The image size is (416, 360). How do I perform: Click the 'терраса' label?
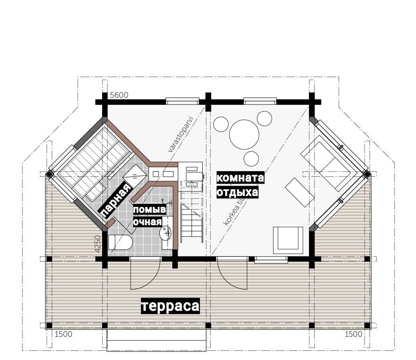[x=170, y=306]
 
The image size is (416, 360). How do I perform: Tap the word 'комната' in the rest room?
[x=240, y=178]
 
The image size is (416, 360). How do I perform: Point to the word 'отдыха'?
[x=237, y=192]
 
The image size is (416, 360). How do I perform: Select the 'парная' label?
[x=115, y=200]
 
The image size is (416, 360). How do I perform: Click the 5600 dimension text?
[x=119, y=95]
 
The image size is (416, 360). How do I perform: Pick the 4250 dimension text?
[x=98, y=244]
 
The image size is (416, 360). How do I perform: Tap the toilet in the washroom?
[x=120, y=242]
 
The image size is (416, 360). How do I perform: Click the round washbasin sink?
[x=165, y=233]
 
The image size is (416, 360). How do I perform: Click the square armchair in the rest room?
[x=288, y=240]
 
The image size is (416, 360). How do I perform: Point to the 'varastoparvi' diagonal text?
[x=182, y=134]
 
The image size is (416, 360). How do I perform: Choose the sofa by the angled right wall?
[x=328, y=163]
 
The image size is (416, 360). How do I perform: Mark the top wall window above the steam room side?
[x=183, y=101]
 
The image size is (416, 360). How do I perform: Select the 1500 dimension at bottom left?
[x=63, y=334]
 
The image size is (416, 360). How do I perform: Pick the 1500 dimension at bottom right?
[x=354, y=334]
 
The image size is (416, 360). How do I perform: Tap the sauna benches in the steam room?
[x=94, y=163]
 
